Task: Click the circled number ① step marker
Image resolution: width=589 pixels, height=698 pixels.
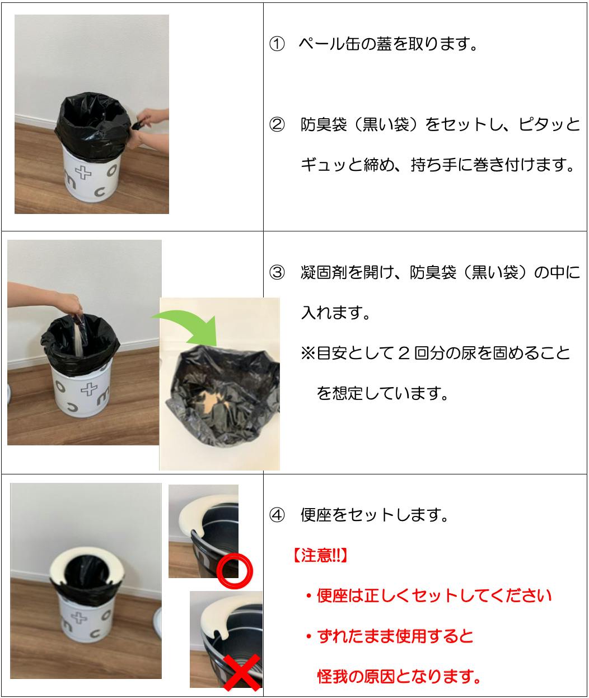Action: point(277,44)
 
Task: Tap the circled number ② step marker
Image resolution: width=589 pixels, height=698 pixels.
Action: point(277,125)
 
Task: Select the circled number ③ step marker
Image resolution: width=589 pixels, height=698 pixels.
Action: point(277,272)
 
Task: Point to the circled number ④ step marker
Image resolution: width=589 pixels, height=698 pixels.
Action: point(277,515)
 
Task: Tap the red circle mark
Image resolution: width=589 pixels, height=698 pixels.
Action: point(235,571)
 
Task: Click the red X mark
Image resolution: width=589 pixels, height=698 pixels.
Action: point(242,672)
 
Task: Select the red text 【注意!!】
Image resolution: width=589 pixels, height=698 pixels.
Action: point(320,556)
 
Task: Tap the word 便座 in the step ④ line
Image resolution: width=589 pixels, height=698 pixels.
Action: point(316,515)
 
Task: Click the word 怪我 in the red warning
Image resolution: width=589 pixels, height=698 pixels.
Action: point(333,677)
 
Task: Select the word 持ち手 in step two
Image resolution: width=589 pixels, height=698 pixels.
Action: point(434,165)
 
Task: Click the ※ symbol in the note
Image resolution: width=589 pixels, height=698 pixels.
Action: point(308,353)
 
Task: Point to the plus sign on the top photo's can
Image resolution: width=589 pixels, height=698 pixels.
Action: point(83,173)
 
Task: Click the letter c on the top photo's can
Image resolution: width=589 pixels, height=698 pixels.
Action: point(100,192)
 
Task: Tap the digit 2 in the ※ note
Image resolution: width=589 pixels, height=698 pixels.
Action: point(404,353)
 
